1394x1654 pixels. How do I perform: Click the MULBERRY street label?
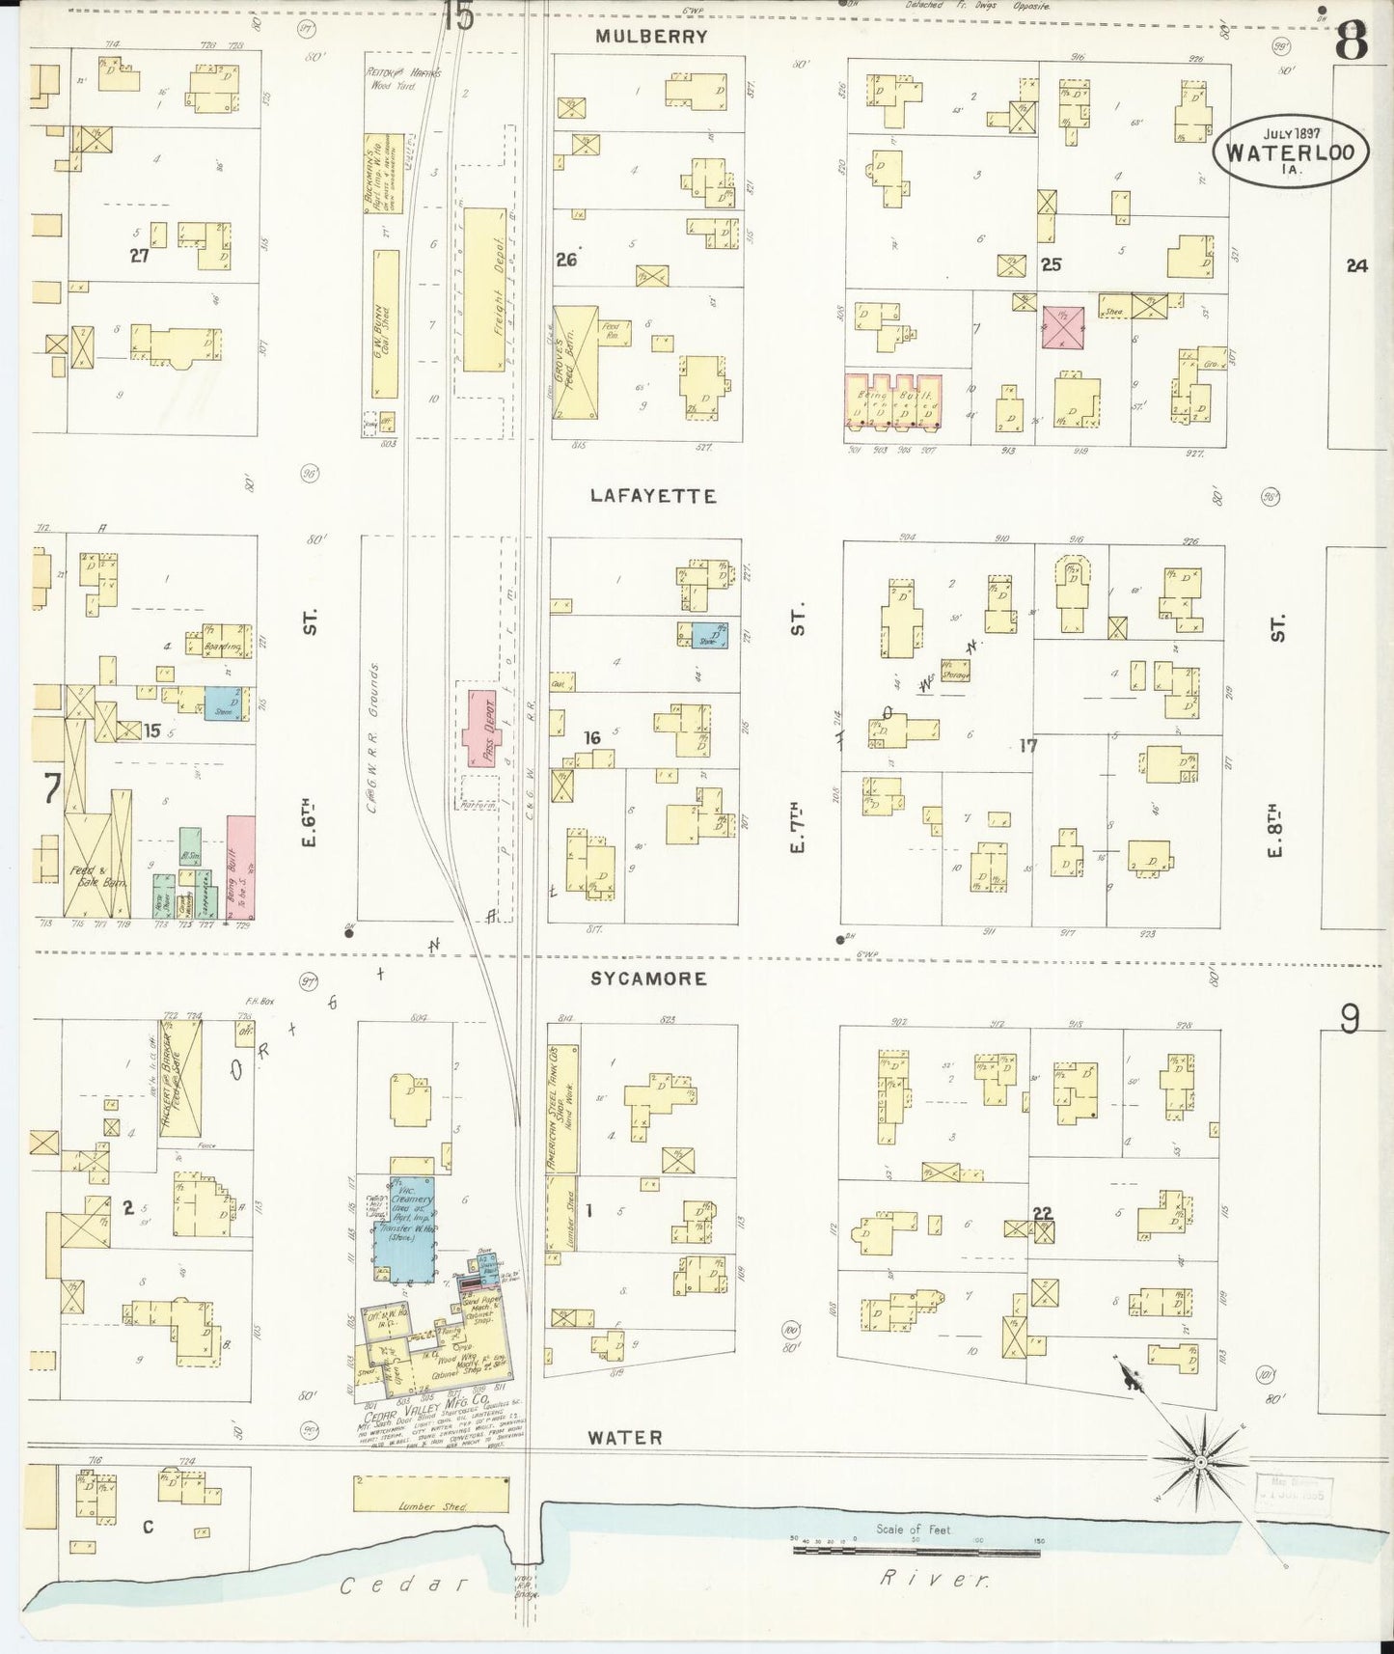[x=651, y=37]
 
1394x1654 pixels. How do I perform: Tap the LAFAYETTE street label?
[x=653, y=496]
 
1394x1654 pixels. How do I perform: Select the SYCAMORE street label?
[x=648, y=979]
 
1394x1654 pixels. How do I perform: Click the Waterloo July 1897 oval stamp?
[x=1290, y=151]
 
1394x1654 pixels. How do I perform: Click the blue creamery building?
[x=405, y=1228]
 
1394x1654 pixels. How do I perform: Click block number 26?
[x=566, y=259]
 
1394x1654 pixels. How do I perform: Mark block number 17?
[x=1027, y=745]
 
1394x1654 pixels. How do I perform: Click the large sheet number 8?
[x=1351, y=41]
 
